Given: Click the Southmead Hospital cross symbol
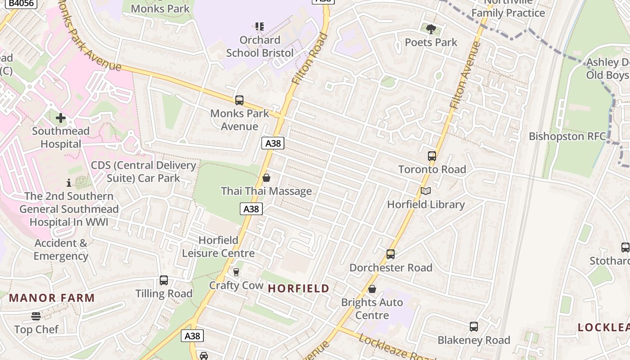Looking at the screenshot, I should (x=61, y=118).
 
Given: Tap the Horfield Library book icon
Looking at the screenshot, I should (x=426, y=191).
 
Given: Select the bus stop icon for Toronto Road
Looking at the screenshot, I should (x=432, y=156).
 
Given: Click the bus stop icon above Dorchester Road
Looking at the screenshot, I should (x=391, y=254).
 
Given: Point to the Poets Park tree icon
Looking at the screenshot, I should (x=431, y=29).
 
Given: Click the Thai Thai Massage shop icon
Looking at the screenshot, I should (x=266, y=178).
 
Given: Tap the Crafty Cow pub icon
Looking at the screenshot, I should (x=236, y=272).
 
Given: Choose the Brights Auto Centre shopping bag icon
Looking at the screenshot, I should (x=372, y=289).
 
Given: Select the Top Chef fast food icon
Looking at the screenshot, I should (x=36, y=316).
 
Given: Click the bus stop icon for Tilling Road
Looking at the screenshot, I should (x=164, y=280).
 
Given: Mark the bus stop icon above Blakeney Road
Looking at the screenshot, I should (x=474, y=327).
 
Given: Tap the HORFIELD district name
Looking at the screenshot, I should (x=299, y=288).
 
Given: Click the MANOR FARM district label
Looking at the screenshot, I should (x=52, y=298).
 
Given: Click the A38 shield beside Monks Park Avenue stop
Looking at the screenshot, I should (x=273, y=143).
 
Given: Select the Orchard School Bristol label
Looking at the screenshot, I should (x=260, y=46).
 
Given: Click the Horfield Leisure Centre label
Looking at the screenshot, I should (x=218, y=247).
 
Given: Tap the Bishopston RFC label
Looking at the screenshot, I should (x=567, y=136).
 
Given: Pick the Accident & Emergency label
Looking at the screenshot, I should (x=61, y=250).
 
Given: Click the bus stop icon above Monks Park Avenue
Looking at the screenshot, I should (x=239, y=100).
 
